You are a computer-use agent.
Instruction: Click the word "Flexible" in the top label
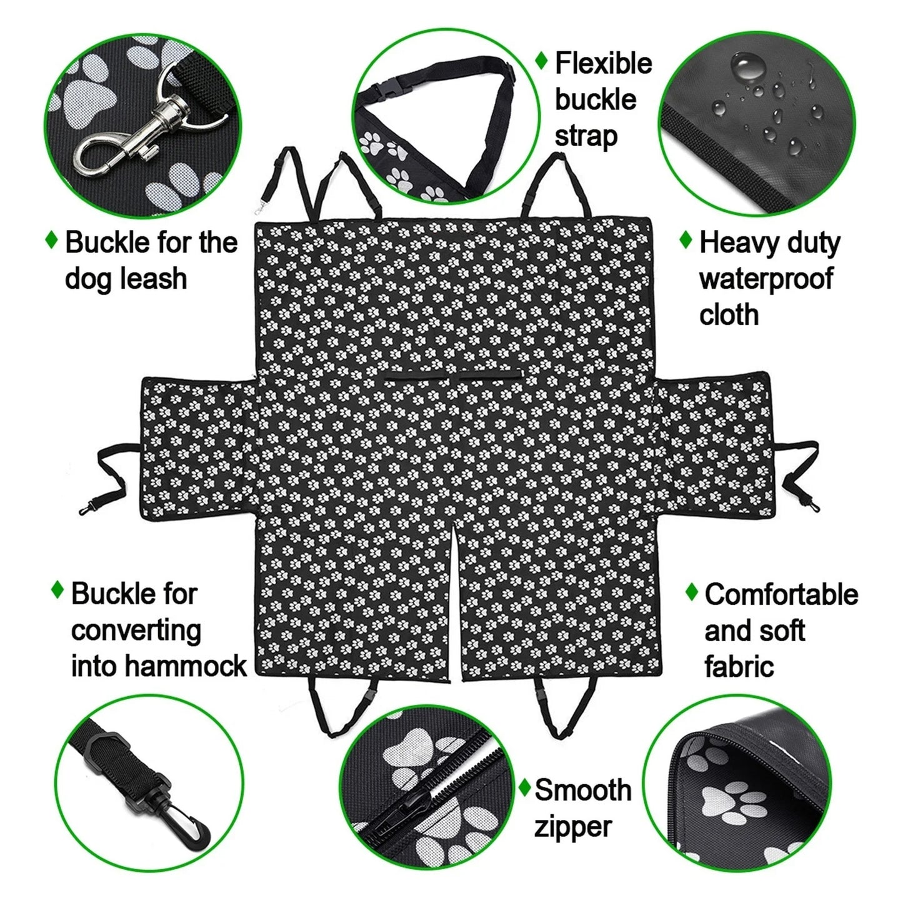(603, 63)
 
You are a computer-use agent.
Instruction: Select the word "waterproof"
(766, 279)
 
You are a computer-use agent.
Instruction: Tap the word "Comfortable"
(781, 594)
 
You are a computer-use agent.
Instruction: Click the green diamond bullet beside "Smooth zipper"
(525, 787)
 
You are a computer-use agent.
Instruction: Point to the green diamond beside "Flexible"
(542, 61)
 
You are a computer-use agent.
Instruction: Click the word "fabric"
(739, 666)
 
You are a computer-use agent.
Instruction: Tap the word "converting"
(136, 630)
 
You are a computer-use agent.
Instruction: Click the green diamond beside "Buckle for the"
(52, 240)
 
